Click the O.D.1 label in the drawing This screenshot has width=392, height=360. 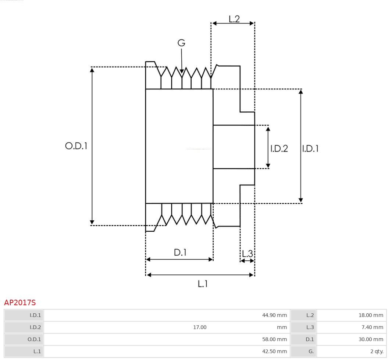coord(76,146)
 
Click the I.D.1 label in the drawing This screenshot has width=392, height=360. coord(310,149)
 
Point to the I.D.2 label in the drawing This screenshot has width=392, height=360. coord(279,149)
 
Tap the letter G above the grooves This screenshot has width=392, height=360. coord(181,43)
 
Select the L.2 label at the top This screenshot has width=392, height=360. coord(234,19)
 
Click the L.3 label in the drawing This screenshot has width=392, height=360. coord(247,254)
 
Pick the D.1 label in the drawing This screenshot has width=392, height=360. coord(180,253)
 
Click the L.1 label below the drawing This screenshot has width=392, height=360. coord(203,284)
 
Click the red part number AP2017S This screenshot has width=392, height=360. coord(20,303)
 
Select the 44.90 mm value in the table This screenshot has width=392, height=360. coord(274,315)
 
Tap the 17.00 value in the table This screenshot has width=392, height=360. coord(200,327)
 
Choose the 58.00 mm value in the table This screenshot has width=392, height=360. coord(274,339)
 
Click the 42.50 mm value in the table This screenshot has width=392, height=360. coord(274,352)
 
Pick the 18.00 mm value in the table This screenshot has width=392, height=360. coord(371,315)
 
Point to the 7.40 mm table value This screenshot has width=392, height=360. coord(372,327)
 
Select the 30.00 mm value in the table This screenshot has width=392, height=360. coord(371,339)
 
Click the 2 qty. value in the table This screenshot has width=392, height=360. coord(377,352)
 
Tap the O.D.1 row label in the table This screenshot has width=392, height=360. coord(34,339)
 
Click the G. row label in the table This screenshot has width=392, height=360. coord(311,352)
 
